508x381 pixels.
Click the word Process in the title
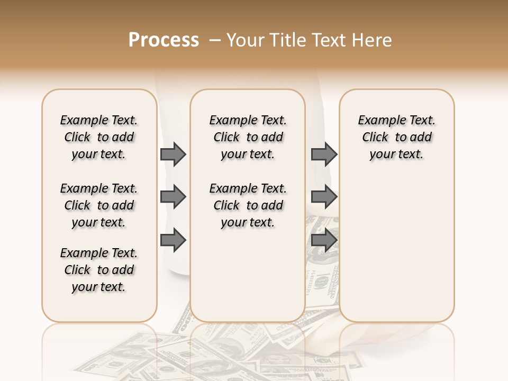[164, 40]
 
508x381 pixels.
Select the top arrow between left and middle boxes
[173, 154]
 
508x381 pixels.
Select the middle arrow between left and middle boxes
[173, 197]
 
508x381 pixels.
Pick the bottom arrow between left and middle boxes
[173, 240]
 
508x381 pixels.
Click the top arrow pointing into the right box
[324, 154]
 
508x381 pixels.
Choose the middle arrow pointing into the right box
[324, 197]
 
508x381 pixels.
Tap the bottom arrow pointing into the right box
[324, 240]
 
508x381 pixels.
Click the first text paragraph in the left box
[99, 137]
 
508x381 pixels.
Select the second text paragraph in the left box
[99, 205]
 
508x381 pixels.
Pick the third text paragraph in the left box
[99, 270]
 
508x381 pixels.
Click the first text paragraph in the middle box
[248, 137]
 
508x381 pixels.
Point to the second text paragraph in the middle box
[248, 205]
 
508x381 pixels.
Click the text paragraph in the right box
[396, 137]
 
